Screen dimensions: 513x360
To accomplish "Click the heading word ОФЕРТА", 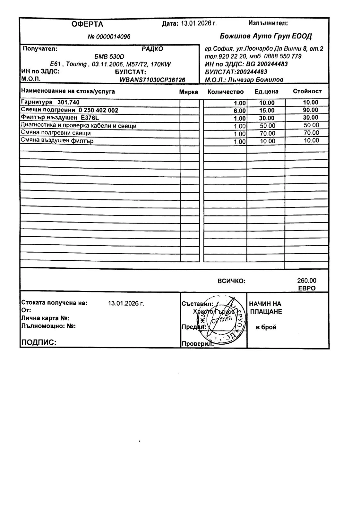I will (x=87, y=24).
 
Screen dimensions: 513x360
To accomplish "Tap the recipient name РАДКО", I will (x=152, y=49).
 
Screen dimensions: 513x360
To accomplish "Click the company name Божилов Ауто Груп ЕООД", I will (x=266, y=36).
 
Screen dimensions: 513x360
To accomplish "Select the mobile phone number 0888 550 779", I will (x=283, y=56).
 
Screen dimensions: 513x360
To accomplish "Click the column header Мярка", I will (x=188, y=92).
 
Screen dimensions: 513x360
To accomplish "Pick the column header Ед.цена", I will (x=266, y=92).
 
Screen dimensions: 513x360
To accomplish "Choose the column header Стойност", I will (x=307, y=91).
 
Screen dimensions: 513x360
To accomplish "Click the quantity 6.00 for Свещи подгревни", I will (x=239, y=111).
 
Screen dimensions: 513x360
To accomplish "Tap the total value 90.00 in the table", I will (x=311, y=110).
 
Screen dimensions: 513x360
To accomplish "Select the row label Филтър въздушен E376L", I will (x=60, y=118).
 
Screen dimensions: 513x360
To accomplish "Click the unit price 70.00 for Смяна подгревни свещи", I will (x=267, y=133).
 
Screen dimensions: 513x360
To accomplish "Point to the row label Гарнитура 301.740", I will (x=50, y=102).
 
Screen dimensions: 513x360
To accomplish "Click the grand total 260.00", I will (x=306, y=281).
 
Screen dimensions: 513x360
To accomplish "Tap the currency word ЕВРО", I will (x=307, y=288).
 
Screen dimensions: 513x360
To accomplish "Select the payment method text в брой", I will (x=266, y=327).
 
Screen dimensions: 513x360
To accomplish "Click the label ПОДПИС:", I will (x=39, y=342).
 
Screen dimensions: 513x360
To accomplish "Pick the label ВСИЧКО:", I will (x=231, y=281).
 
